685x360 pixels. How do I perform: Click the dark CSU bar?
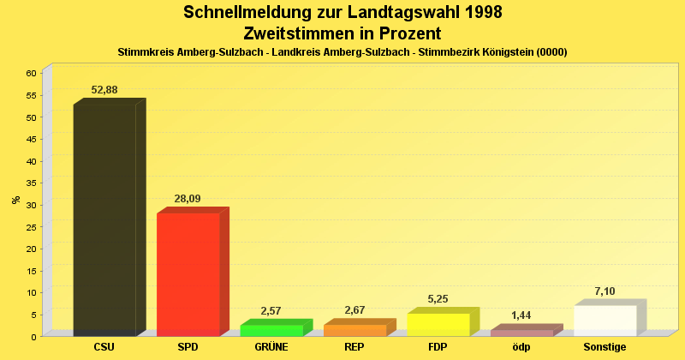pyautogui.click(x=104, y=219)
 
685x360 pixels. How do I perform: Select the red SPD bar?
pyautogui.click(x=188, y=273)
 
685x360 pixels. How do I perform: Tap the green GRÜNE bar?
pyautogui.click(x=271, y=330)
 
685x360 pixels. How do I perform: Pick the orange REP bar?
pyautogui.click(x=354, y=330)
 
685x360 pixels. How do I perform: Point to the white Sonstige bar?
pyautogui.click(x=605, y=321)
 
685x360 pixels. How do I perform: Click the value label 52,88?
pyautogui.click(x=104, y=90)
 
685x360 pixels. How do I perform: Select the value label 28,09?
pyautogui.click(x=188, y=199)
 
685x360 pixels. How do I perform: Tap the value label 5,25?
pyautogui.click(x=438, y=299)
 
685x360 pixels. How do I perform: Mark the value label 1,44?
pyautogui.click(x=521, y=315)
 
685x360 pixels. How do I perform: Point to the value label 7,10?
pyautogui.click(x=605, y=291)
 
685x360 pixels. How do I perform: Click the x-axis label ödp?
pyautogui.click(x=521, y=347)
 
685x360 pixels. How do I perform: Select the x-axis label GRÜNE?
pyautogui.click(x=271, y=347)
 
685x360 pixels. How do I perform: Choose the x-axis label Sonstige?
pyautogui.click(x=605, y=347)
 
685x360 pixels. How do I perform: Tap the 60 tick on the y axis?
pyautogui.click(x=30, y=74)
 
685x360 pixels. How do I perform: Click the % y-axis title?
pyautogui.click(x=16, y=200)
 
